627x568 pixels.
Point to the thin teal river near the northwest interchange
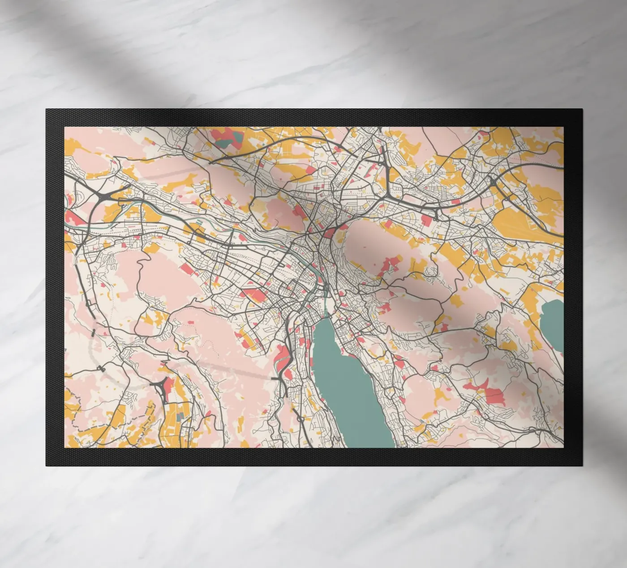134,206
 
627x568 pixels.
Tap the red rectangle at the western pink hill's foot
185,268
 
